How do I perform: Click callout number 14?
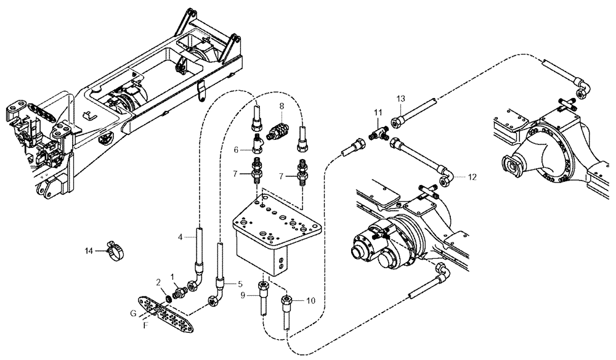coord(89,250)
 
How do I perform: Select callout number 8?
coord(281,106)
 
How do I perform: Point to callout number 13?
coord(400,99)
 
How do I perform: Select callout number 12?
coord(472,177)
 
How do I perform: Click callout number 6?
coord(235,149)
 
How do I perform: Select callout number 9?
coord(243,295)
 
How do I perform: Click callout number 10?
coord(310,301)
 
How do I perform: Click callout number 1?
coord(172,276)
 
